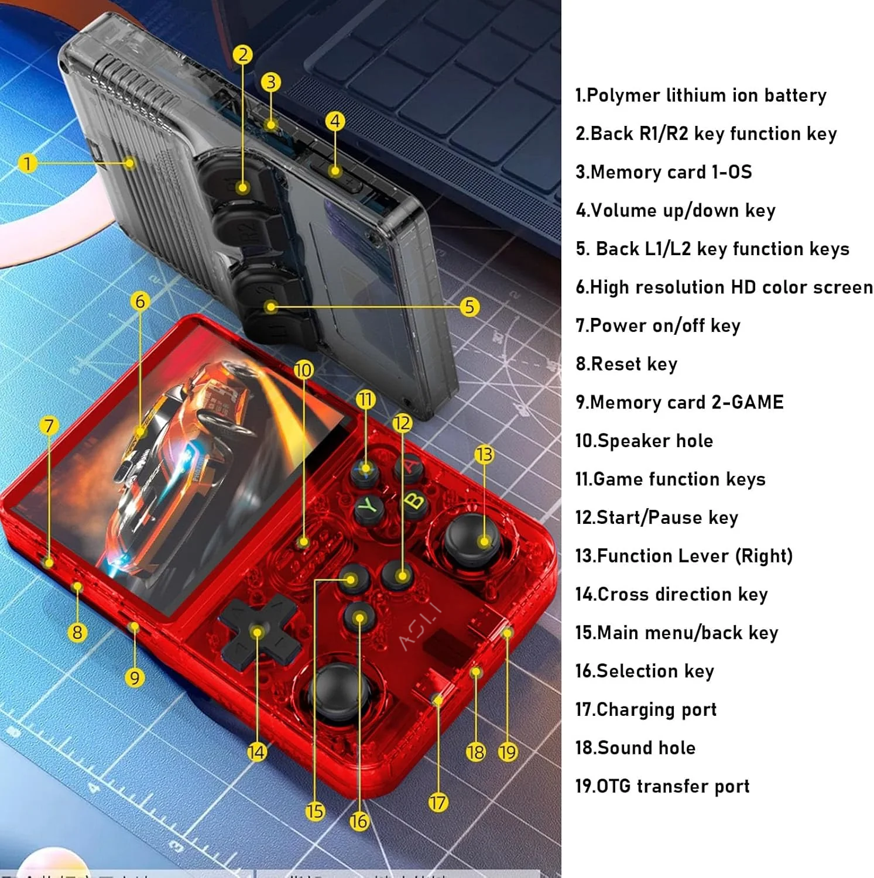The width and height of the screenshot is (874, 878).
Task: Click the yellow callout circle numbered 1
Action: pyautogui.click(x=27, y=163)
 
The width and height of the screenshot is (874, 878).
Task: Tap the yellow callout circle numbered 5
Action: pyautogui.click(x=469, y=307)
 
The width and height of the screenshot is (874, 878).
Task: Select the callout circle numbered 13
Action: pyautogui.click(x=484, y=454)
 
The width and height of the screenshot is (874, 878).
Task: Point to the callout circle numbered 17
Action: pyautogui.click(x=438, y=802)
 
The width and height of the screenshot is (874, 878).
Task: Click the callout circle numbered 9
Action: pyautogui.click(x=135, y=678)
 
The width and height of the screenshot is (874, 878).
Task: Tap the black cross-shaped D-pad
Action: pyautogui.click(x=258, y=633)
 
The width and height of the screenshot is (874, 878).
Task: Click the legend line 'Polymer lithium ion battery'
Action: pyautogui.click(x=701, y=95)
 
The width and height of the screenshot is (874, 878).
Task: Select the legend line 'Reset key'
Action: pyautogui.click(x=626, y=363)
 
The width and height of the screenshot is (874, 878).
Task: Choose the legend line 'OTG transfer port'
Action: pyautogui.click(x=662, y=786)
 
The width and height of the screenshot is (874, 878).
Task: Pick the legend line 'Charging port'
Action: pyautogui.click(x=646, y=709)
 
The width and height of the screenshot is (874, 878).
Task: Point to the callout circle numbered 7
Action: pyautogui.click(x=49, y=426)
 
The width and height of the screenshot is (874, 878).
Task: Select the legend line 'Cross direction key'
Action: pyautogui.click(x=671, y=594)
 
